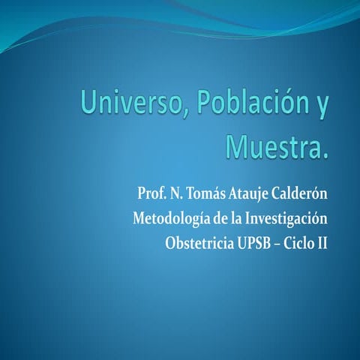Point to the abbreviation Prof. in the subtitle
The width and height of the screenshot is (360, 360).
tap(151, 194)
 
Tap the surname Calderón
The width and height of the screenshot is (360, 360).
tap(303, 194)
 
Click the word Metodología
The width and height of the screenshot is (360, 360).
tap(172, 219)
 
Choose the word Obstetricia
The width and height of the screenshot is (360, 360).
tap(199, 243)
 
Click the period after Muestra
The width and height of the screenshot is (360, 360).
tap(325, 154)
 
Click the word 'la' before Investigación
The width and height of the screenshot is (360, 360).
tap(241, 219)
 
